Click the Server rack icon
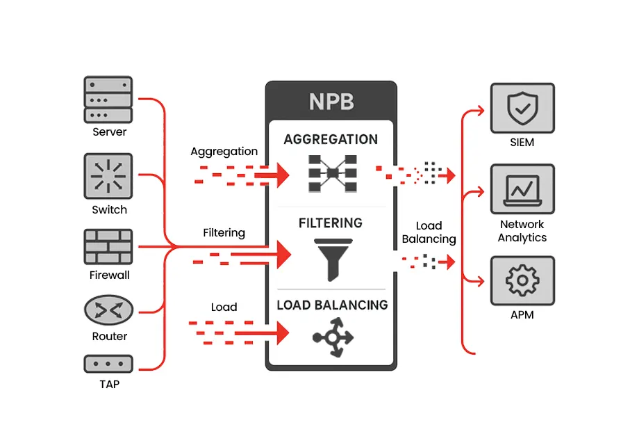pos(108,99)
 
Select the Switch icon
pos(108,177)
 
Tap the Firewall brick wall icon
pos(108,247)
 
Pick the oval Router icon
pos(108,310)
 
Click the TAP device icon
pos(108,364)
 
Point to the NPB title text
pos(331,102)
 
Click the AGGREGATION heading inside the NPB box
pos(331,139)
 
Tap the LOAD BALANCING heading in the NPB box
pos(332,305)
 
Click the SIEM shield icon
pos(522,108)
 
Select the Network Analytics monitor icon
pos(522,189)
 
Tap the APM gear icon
pos(522,280)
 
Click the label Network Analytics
pos(522,231)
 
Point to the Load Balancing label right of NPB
pos(429,232)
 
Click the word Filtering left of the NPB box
pos(224,232)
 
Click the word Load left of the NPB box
pos(224,307)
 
